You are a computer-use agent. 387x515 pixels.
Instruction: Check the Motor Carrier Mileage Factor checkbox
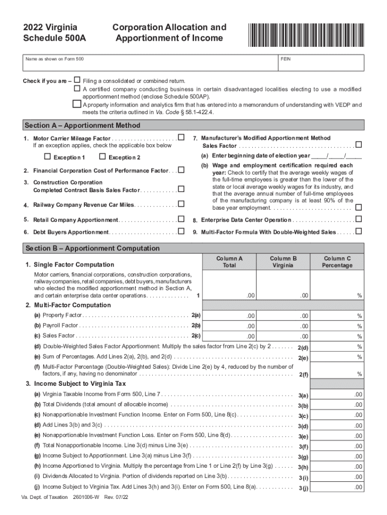coord(181,137)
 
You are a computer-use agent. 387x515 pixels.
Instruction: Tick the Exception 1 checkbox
coord(48,156)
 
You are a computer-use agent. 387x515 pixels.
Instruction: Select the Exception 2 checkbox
coord(103,156)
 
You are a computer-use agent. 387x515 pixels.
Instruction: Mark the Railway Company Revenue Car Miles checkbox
coord(181,204)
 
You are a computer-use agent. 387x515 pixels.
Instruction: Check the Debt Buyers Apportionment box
coord(181,231)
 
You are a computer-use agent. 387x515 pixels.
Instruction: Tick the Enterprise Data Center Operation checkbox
coord(359,219)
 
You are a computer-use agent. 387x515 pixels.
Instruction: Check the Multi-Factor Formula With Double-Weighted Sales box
coord(359,231)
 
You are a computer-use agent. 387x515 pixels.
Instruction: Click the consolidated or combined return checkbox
coord(77,80)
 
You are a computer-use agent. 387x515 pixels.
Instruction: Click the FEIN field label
coord(285,59)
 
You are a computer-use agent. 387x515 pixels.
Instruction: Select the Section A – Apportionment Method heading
coord(82,125)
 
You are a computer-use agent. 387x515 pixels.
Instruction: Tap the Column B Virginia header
coord(283,262)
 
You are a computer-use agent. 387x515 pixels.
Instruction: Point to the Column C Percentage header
coord(337,262)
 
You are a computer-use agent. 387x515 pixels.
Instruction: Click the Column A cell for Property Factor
coord(229,315)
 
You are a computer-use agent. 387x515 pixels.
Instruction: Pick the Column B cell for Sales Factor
coord(283,336)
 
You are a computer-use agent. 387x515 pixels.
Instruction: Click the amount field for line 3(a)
coord(337,394)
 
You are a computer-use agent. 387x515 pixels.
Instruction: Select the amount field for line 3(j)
coord(337,487)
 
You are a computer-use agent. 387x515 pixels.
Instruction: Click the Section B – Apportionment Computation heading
coord(92,248)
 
